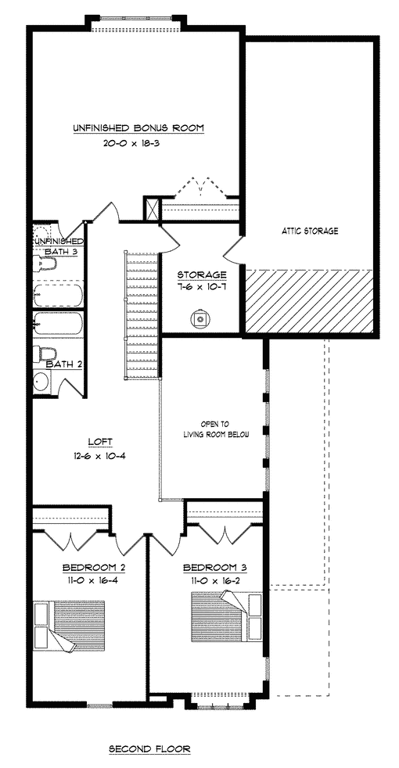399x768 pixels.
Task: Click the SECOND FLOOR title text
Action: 149,749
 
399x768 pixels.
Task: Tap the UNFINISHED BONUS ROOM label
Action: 138,128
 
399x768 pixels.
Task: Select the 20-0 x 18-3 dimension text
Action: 138,144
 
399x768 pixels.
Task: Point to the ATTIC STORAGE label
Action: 311,231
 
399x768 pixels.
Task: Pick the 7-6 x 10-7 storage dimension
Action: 202,286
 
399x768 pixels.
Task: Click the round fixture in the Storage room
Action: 200,320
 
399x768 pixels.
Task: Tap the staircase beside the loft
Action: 142,314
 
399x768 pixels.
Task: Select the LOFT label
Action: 100,441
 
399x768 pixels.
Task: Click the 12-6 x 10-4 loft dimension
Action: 100,456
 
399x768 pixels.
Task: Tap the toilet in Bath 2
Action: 45,353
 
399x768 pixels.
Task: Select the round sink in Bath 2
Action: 42,382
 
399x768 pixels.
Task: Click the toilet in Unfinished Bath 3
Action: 45,264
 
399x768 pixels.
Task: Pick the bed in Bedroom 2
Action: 69,626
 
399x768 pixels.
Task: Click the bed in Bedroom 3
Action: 227,616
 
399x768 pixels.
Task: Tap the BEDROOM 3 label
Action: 214,568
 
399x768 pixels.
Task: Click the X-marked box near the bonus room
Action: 153,209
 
